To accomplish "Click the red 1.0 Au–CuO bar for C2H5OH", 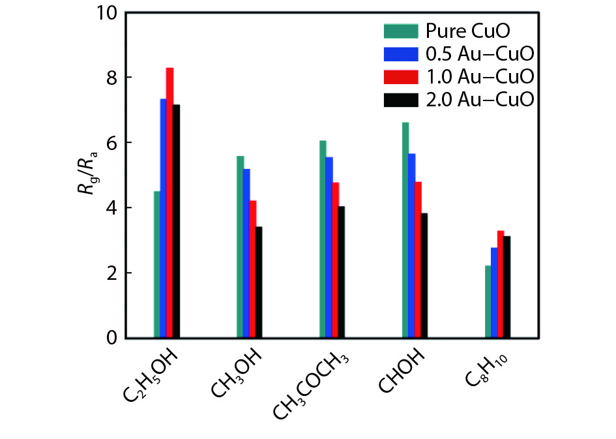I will [x=169, y=203].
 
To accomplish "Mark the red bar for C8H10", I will [x=501, y=284].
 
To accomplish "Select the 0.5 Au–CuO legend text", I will [x=480, y=53].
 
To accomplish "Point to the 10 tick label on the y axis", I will [x=107, y=13].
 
